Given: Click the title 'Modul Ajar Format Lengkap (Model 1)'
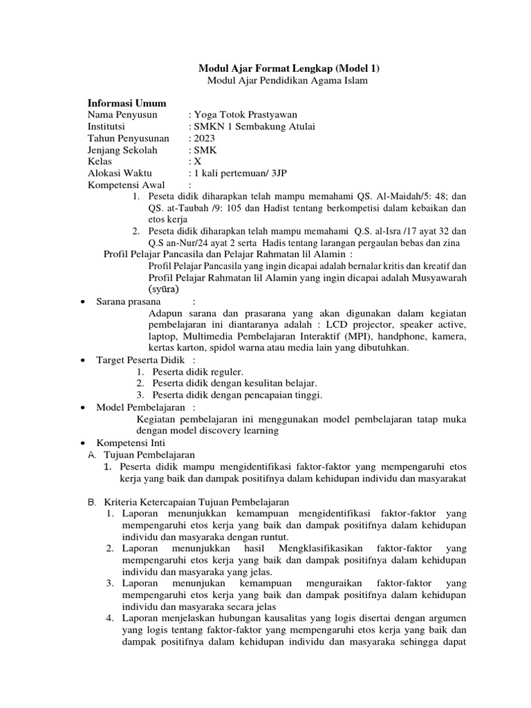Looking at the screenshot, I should [x=289, y=68].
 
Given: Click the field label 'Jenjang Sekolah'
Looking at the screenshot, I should [x=122, y=150].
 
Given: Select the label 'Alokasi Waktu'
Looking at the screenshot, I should [x=119, y=173].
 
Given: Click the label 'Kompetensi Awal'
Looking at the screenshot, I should [x=124, y=185].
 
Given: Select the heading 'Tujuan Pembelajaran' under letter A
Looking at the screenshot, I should [x=150, y=455].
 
